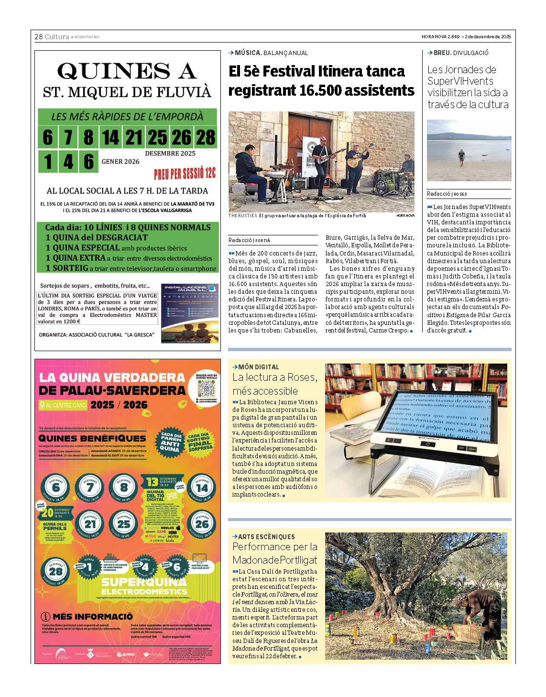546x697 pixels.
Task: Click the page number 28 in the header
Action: [38, 37]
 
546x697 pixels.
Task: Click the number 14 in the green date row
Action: [110, 138]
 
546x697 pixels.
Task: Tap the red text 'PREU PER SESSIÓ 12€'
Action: [185, 173]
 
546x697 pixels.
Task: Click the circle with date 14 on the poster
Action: [202, 488]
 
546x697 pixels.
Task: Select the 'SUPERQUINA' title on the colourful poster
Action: [143, 582]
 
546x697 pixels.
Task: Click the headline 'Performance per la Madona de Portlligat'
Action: [275, 553]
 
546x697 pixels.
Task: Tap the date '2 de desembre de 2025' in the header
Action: [488, 37]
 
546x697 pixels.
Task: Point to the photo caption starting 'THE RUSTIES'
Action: [297, 216]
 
